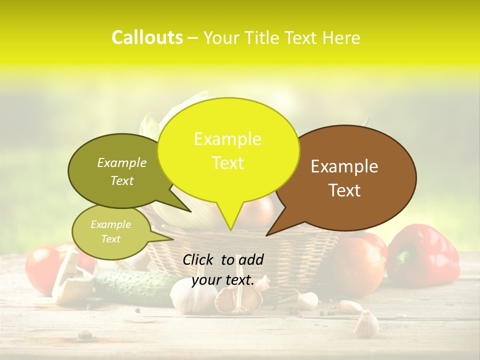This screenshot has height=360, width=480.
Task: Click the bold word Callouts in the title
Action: (x=147, y=37)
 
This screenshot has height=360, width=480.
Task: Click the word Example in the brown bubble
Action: (x=344, y=166)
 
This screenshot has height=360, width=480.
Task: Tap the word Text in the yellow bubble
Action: (x=228, y=163)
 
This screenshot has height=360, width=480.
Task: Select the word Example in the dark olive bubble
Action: (x=122, y=162)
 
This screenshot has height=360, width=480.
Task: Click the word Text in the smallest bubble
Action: (x=111, y=239)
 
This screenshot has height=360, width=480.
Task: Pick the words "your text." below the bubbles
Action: (x=223, y=280)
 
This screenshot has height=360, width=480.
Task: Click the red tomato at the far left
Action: (x=42, y=267)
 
